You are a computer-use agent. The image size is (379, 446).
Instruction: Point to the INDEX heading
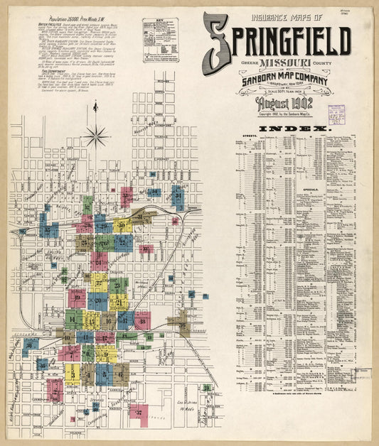(293, 129)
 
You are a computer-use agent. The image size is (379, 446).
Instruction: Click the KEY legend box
(160, 40)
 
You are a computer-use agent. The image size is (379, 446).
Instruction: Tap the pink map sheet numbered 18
(142, 320)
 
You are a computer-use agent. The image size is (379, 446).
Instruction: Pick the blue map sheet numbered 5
(104, 374)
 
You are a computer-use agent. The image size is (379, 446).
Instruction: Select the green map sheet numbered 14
(74, 319)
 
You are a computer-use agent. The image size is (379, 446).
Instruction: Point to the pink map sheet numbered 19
(77, 299)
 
